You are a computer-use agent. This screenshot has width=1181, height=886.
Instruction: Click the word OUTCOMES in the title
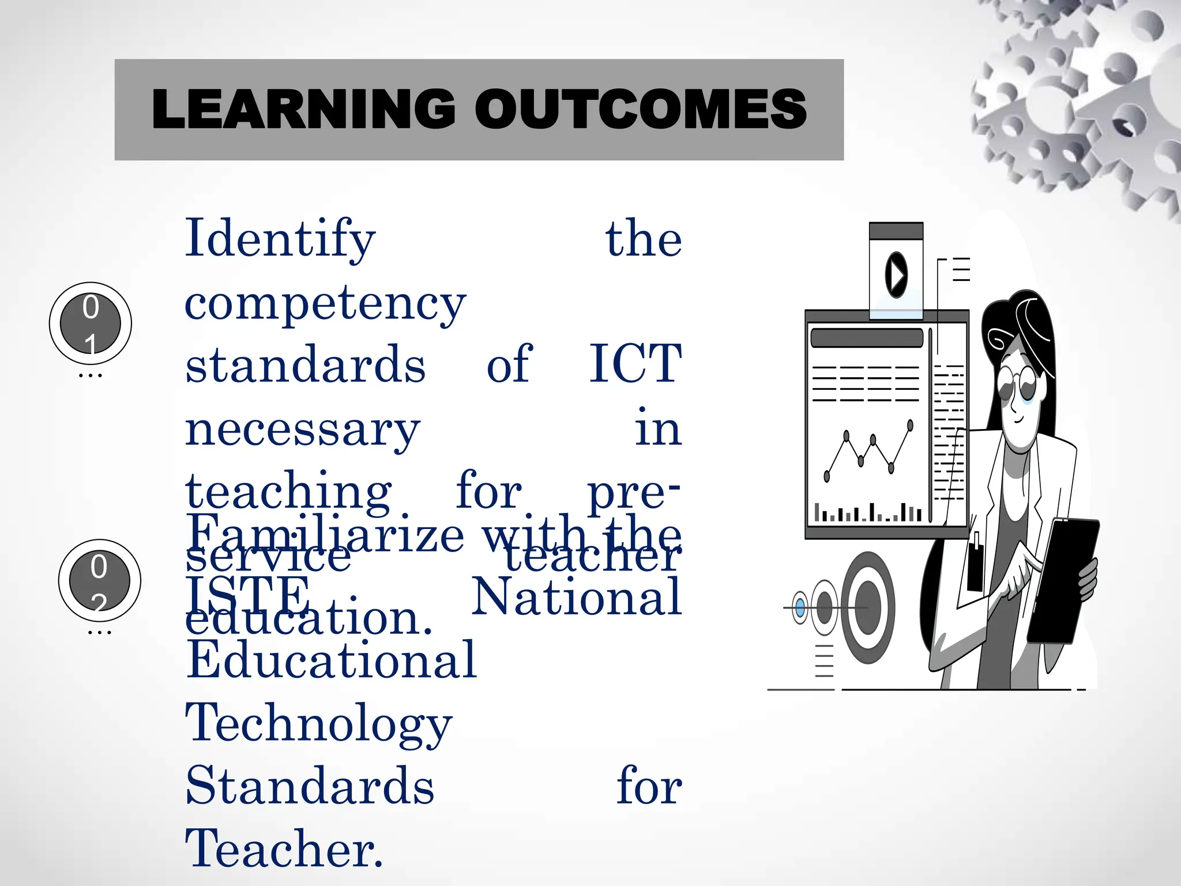click(641, 109)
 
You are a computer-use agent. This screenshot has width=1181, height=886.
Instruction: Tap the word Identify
click(280, 239)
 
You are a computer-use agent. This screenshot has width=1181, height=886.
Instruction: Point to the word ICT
click(635, 364)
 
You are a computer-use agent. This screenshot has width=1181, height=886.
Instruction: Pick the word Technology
click(319, 723)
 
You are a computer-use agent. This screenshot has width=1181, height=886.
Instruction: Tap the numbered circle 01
click(91, 323)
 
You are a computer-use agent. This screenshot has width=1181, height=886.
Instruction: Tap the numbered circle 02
click(99, 580)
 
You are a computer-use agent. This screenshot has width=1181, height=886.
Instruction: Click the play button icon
click(896, 275)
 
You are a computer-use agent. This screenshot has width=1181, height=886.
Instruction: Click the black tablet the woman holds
click(1062, 580)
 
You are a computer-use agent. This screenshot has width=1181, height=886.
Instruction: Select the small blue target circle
click(800, 607)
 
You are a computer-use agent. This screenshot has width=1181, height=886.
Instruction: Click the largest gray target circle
click(867, 607)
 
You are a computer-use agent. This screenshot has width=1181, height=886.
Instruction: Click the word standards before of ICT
click(305, 364)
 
